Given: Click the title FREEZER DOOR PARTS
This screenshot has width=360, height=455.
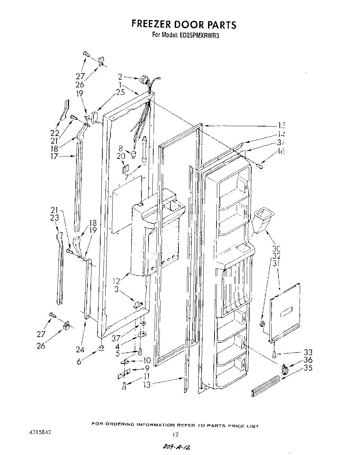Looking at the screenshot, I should pos(184,25).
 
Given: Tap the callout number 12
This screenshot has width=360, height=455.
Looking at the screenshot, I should pos(117,281).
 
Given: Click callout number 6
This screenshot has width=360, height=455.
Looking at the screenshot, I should pos(79,362).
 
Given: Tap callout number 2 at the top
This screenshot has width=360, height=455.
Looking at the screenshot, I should pos(120,77).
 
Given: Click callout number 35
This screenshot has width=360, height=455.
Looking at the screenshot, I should pos(308,368).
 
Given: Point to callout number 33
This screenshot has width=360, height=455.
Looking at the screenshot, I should pos(308,352).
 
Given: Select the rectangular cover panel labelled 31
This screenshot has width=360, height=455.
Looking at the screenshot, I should pos(286,312).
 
